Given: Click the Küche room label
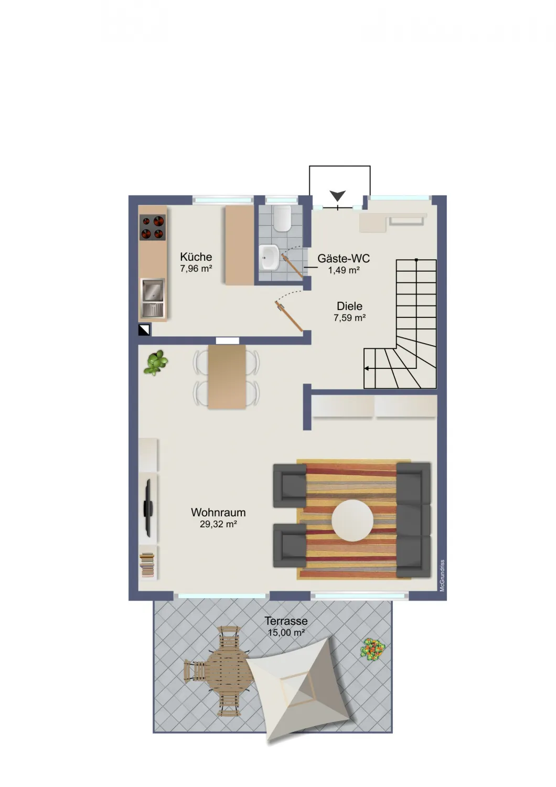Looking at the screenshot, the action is click(196, 257).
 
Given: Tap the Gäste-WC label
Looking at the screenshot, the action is click(344, 258).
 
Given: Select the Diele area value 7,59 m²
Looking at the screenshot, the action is click(349, 317).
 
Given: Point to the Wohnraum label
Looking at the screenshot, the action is click(218, 512).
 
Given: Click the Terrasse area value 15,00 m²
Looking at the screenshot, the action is click(286, 633).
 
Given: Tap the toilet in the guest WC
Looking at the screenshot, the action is click(282, 219).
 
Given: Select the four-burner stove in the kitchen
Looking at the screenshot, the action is click(153, 228).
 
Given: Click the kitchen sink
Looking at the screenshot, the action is click(153, 297).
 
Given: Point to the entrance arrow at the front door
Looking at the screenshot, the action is click(338, 195).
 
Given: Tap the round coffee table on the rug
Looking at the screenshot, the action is click(352, 520).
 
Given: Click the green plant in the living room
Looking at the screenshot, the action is click(156, 363).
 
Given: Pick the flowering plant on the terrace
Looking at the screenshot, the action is click(372, 650).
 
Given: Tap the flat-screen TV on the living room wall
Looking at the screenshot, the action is click(147, 508).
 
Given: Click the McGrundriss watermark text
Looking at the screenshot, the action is click(443, 576).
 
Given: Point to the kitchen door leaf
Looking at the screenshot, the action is click(288, 315).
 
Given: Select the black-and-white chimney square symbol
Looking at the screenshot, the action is click(144, 330).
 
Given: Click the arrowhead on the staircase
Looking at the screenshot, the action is click(367, 368).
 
